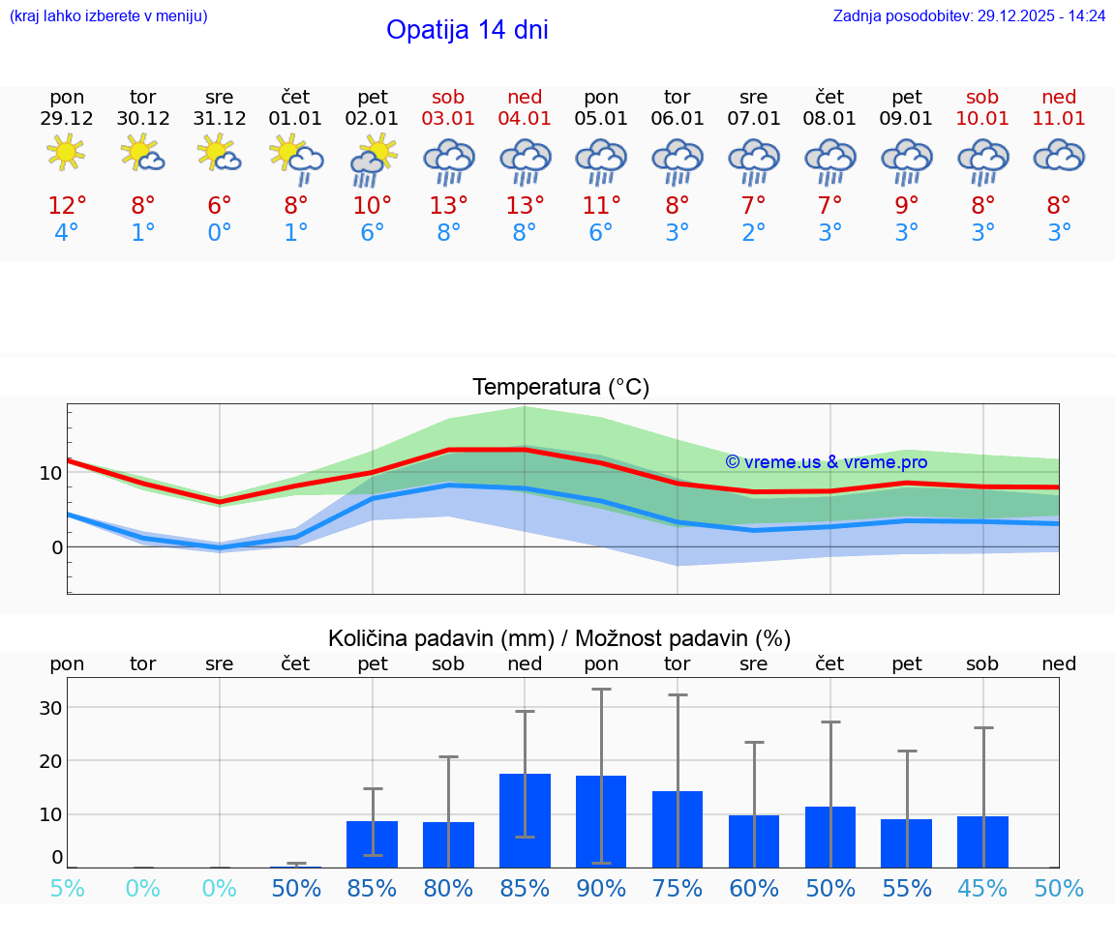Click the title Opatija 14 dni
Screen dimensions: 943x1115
pyautogui.click(x=467, y=30)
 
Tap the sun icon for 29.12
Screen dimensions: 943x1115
pyautogui.click(x=66, y=153)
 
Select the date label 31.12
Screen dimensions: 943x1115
pyautogui.click(x=220, y=118)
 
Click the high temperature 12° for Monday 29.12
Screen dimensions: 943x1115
pyautogui.click(x=67, y=206)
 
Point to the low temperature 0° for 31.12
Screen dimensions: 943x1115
pyautogui.click(x=220, y=233)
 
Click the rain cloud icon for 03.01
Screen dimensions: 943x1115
pyautogui.click(x=448, y=161)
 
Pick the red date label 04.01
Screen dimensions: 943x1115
pyautogui.click(x=525, y=118)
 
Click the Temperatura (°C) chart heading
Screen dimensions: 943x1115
pyautogui.click(x=560, y=388)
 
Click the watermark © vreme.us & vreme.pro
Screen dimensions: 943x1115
pyautogui.click(x=827, y=462)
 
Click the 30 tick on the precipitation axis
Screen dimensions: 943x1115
pyautogui.click(x=50, y=708)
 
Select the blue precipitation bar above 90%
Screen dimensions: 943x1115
pyautogui.click(x=601, y=821)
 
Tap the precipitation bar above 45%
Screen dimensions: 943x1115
pyautogui.click(x=982, y=841)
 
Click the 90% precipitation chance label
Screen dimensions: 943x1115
pyautogui.click(x=601, y=889)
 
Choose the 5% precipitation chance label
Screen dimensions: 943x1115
pyautogui.click(x=67, y=889)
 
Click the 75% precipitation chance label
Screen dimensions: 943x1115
pyautogui.click(x=678, y=889)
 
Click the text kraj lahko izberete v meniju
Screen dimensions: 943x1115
pyautogui.click(x=108, y=16)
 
